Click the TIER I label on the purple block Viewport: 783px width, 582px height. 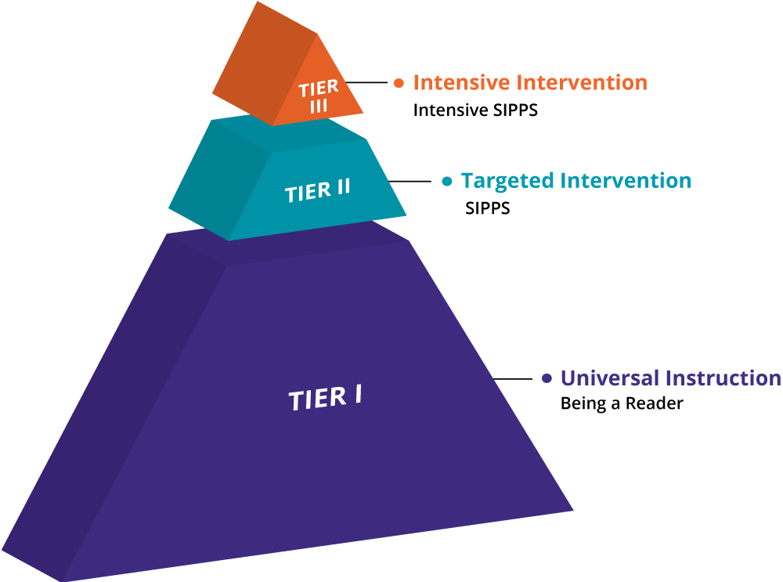coord(325,398)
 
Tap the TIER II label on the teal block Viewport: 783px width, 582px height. coord(318,190)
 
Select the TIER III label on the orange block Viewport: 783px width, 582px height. coord(318,97)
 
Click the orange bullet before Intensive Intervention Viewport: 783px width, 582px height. coord(399,82)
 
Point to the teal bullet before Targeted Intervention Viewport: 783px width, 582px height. coord(447,181)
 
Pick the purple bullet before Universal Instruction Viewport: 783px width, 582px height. coord(547,378)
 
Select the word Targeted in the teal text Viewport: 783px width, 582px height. coord(508,181)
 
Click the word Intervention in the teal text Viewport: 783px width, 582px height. coord(626,181)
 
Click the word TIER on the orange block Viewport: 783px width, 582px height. coord(318,89)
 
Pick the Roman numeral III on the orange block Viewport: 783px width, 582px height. coord(318,107)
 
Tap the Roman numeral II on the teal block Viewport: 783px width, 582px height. coord(340,189)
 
